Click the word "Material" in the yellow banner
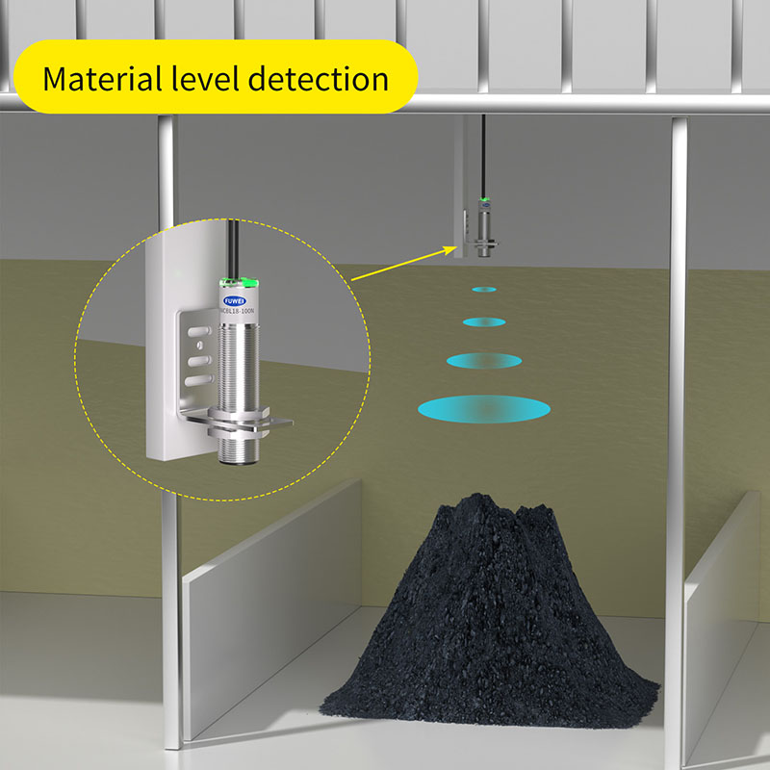105,77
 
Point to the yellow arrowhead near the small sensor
449,248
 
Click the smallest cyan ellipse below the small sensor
483,288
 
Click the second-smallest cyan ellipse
483,321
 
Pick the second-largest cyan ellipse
483,360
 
